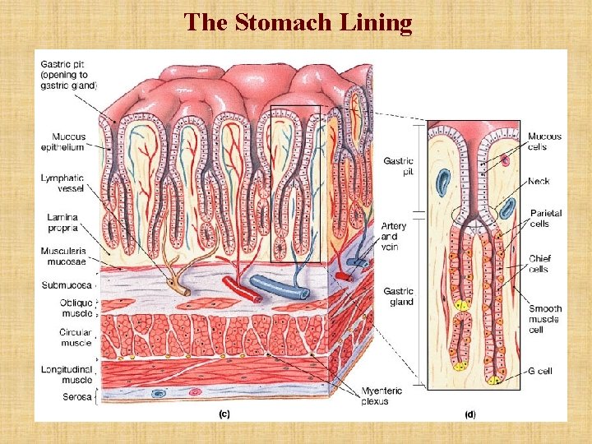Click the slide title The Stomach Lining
pos(298,22)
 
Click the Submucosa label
pos(66,285)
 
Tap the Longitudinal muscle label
pos(67,374)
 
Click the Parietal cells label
pos(545,218)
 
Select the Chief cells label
pos(539,263)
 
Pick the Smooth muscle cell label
pos(544,319)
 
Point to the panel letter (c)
pos(223,414)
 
